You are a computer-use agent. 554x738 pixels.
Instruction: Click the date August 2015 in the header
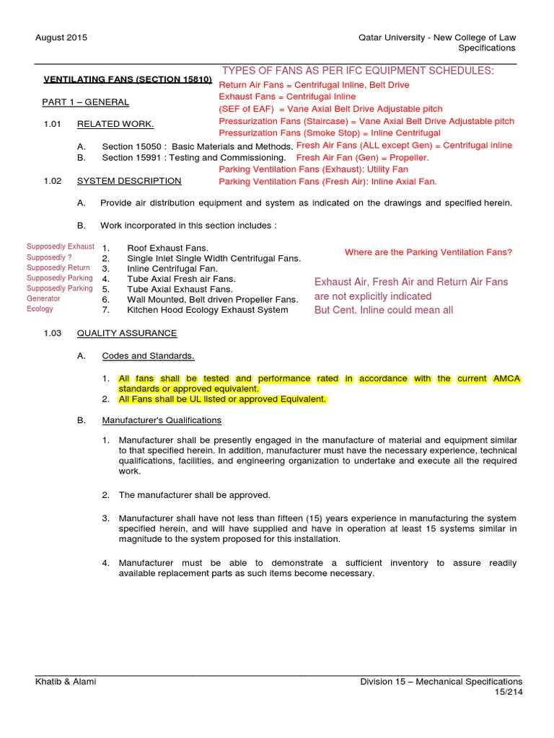pyautogui.click(x=61, y=37)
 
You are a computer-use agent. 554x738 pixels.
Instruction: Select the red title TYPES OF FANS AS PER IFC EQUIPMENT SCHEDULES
pyautogui.click(x=358, y=70)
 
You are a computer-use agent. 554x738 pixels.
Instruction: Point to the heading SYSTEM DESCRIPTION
pyautogui.click(x=129, y=181)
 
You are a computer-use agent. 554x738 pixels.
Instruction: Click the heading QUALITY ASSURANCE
pyautogui.click(x=127, y=333)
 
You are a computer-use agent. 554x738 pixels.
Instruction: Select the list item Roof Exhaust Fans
pyautogui.click(x=168, y=247)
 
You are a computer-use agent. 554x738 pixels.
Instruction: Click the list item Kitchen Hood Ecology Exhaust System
pyautogui.click(x=207, y=310)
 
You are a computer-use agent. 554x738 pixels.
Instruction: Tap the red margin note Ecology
pyautogui.click(x=40, y=308)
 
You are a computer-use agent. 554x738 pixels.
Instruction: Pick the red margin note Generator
pyautogui.click(x=43, y=298)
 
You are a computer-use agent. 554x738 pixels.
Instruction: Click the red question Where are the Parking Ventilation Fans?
pyautogui.click(x=428, y=252)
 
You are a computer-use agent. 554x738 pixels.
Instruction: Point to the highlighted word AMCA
pyautogui.click(x=506, y=378)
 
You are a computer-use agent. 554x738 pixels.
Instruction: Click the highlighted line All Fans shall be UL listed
pyautogui.click(x=222, y=399)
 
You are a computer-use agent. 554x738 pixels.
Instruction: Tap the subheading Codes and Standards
pyautogui.click(x=148, y=356)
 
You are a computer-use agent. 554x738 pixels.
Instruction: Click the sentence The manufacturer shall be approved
pyautogui.click(x=194, y=495)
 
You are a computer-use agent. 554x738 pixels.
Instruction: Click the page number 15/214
pyautogui.click(x=508, y=692)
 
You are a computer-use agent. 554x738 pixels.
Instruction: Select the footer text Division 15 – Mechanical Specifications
pyautogui.click(x=441, y=681)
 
